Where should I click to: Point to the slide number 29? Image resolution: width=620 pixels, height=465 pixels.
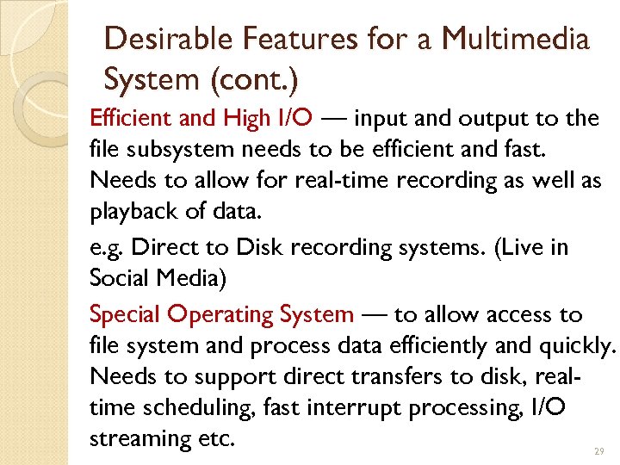pos(599,451)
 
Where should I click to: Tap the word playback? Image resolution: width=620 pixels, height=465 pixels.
pos(130,212)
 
